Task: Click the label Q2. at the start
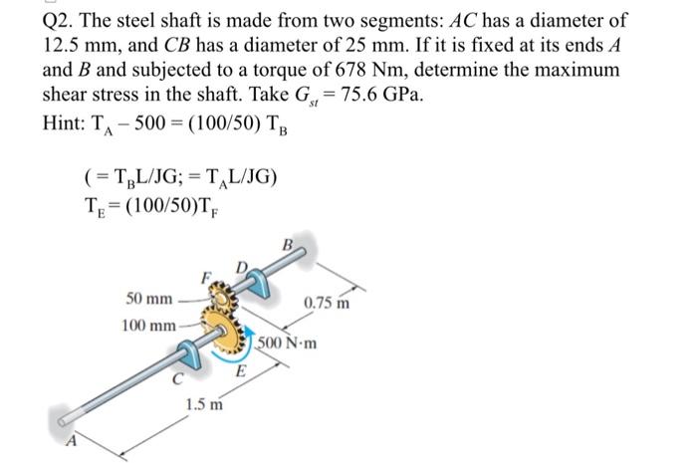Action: tap(61, 21)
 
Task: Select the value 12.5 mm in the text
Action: tap(76, 46)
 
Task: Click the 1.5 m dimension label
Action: tap(203, 404)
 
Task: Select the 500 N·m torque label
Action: tap(288, 345)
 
